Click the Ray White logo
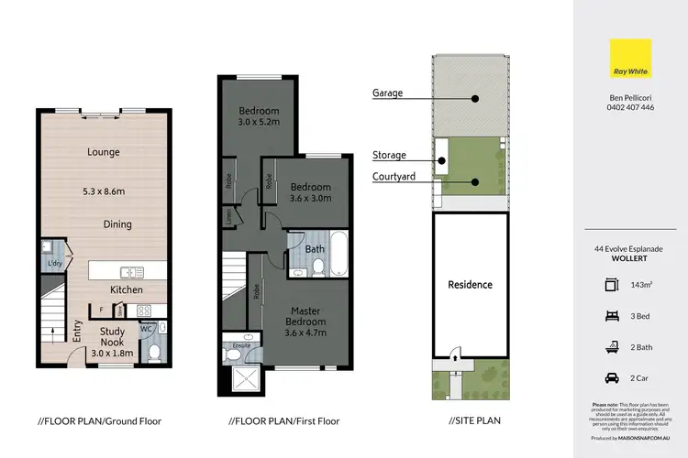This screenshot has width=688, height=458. tap(629, 59)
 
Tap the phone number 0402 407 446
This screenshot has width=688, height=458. tap(629, 107)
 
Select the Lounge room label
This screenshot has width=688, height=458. tap(105, 152)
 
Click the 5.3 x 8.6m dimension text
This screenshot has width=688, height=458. tap(105, 192)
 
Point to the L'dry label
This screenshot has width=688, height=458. tap(53, 265)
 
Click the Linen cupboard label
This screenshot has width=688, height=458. tap(228, 216)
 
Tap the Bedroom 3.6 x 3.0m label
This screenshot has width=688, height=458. tap(310, 193)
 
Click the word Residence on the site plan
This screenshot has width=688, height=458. tap(470, 284)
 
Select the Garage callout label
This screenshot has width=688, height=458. tap(389, 93)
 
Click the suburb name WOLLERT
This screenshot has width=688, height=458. tap(629, 257)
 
